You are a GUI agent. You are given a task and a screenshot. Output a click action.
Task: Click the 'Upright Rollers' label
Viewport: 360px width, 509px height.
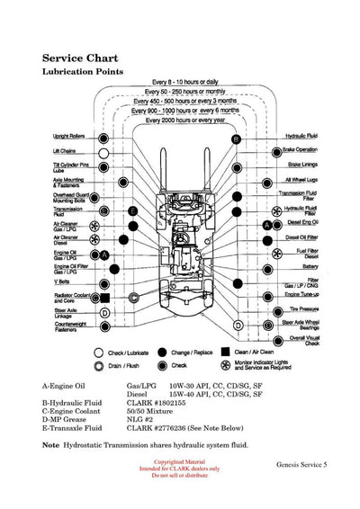(x=69, y=137)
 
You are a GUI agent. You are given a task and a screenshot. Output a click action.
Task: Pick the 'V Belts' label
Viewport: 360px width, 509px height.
(x=62, y=281)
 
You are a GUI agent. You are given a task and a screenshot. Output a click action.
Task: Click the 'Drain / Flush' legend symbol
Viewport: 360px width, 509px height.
(x=99, y=366)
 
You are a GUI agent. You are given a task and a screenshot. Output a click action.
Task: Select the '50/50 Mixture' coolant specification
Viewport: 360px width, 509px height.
(x=152, y=412)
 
